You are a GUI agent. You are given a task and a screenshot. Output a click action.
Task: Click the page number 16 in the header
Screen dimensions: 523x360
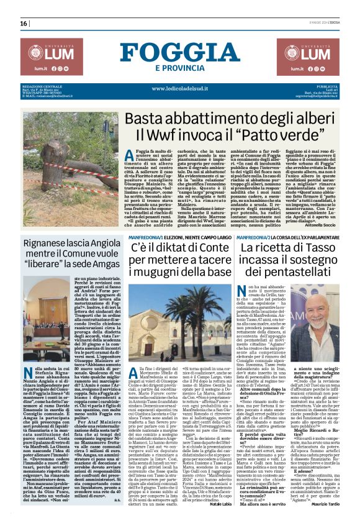[24, 24]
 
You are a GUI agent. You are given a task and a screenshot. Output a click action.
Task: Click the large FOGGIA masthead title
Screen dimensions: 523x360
[179, 52]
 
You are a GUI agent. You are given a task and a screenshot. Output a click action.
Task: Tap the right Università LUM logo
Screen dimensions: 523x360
[310, 55]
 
